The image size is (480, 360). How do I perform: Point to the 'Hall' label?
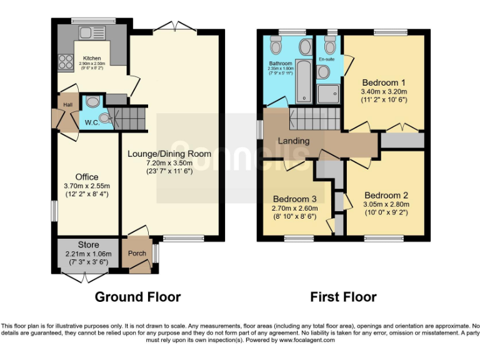coord(67,105)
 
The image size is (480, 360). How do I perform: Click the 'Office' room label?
coord(87,177)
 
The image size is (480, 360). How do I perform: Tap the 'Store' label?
coord(89,244)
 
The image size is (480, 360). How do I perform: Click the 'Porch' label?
coord(137,253)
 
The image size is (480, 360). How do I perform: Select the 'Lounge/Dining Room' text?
coord(169,154)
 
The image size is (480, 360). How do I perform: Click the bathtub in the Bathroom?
coord(304,81)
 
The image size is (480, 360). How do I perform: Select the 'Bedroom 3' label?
coord(295,199)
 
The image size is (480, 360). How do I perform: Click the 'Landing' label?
coord(294,141)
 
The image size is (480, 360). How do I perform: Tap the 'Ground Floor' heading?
coord(137,297)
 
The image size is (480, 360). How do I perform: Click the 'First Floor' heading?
coord(343,297)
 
